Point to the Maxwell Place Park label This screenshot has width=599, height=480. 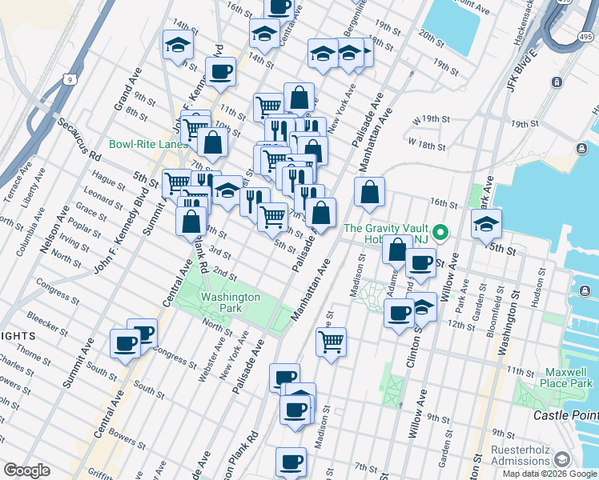(555, 378)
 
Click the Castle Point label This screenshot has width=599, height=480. (566, 415)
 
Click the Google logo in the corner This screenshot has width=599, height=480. (26, 470)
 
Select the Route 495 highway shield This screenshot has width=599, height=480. (587, 36)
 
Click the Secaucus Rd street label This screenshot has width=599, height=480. (77, 139)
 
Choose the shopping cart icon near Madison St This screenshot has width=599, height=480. (331, 342)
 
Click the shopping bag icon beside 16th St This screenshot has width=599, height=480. (369, 192)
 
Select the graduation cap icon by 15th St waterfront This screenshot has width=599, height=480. (486, 225)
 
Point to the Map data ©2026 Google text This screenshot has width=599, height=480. (550, 473)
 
